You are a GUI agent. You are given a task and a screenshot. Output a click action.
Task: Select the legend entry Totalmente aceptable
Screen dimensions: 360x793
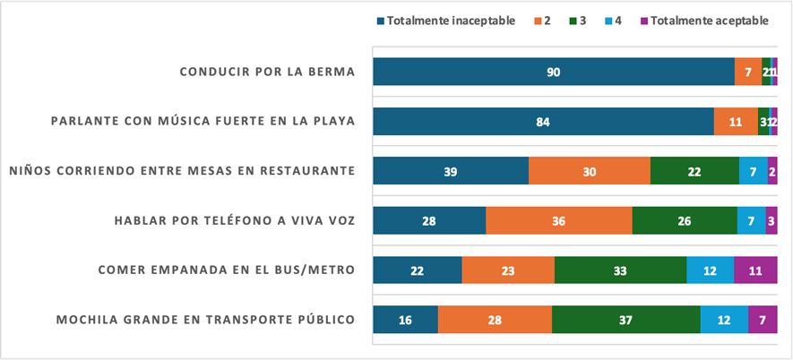click(709, 21)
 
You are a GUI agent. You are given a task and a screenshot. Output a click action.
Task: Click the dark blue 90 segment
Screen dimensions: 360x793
click(553, 72)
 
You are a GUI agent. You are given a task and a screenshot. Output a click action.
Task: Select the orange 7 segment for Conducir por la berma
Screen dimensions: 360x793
click(747, 72)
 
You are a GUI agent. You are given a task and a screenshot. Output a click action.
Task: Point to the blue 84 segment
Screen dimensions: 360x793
click(543, 121)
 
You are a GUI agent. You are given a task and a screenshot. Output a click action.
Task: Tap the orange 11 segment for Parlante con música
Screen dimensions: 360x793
click(736, 121)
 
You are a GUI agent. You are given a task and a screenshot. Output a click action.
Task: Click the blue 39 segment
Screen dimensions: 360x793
click(451, 171)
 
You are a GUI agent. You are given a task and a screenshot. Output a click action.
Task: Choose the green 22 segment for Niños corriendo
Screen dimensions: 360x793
click(694, 171)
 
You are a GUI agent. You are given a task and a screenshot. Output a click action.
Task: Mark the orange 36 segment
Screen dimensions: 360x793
click(558, 220)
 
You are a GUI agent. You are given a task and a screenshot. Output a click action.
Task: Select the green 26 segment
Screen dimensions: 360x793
click(684, 220)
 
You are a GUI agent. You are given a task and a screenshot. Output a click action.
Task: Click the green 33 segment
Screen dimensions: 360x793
click(620, 270)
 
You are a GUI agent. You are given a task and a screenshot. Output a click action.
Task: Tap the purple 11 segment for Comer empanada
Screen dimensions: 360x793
click(755, 270)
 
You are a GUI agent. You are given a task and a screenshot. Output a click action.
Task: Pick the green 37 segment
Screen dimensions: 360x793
click(625, 320)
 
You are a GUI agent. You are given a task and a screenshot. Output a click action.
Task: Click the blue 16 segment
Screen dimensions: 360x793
click(405, 320)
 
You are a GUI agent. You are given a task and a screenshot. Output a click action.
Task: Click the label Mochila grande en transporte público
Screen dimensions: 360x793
click(206, 320)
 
